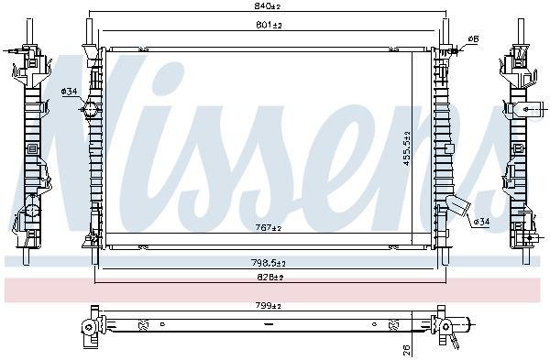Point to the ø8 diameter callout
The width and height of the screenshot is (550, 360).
pyautogui.click(x=473, y=38)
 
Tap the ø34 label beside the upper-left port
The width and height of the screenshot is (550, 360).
pyautogui.click(x=70, y=91)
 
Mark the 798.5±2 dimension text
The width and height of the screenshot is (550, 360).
pyautogui.click(x=269, y=263)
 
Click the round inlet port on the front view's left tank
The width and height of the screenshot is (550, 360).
pyautogui.click(x=90, y=111)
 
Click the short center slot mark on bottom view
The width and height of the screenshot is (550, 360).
pyautogui.click(x=268, y=324)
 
